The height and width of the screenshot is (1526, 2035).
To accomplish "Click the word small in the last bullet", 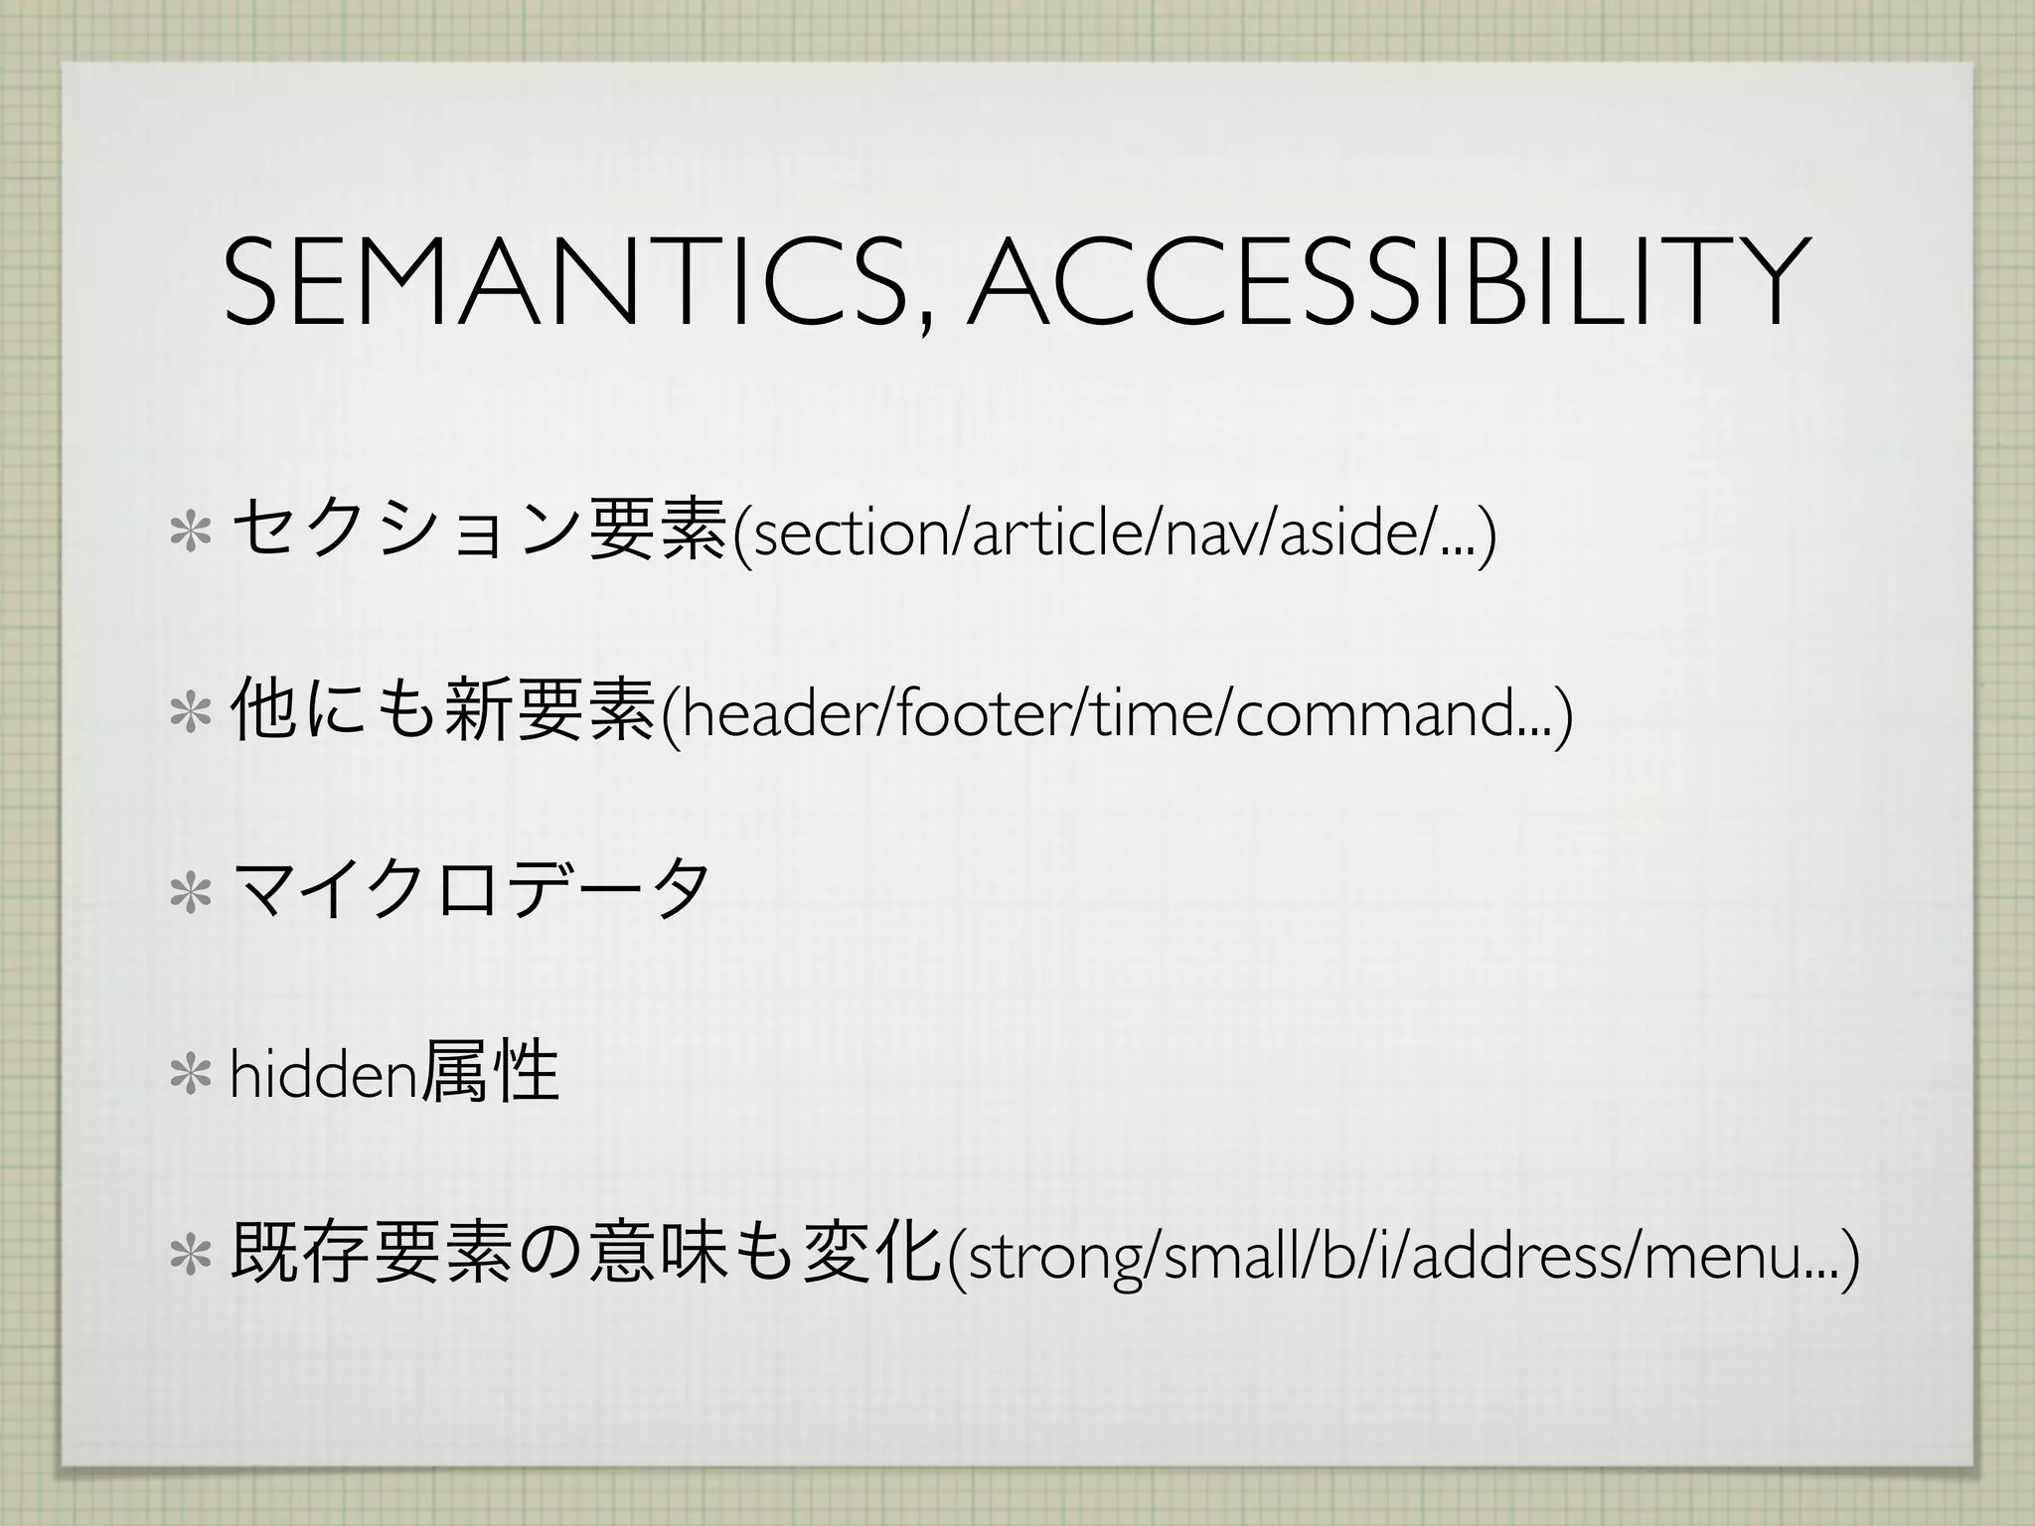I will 1228,1257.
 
